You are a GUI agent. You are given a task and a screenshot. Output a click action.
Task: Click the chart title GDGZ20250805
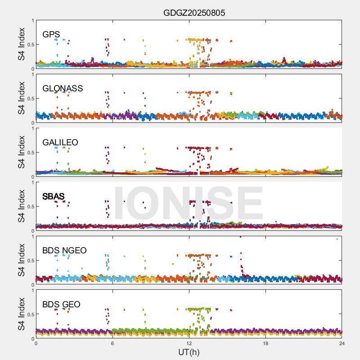(194, 13)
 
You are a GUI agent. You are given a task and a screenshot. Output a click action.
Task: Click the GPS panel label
(51, 34)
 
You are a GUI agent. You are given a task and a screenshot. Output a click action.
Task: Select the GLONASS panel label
(63, 88)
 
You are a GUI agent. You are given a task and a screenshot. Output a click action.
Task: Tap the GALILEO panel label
(60, 142)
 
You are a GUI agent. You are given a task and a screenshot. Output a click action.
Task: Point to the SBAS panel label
(54, 196)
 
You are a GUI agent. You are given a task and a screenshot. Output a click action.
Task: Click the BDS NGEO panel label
(64, 250)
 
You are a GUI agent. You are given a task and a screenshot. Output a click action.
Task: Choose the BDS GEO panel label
(61, 304)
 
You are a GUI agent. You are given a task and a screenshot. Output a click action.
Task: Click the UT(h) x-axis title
(189, 352)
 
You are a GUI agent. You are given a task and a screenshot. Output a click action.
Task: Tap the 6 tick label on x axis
(112, 343)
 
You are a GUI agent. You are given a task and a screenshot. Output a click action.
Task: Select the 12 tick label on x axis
(189, 343)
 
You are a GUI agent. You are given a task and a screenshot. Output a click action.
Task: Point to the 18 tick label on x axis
(265, 343)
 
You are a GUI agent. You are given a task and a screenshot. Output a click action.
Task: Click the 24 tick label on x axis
(342, 343)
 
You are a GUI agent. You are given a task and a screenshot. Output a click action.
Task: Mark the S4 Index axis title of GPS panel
(22, 44)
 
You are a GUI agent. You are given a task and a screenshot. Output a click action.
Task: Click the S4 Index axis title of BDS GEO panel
(22, 314)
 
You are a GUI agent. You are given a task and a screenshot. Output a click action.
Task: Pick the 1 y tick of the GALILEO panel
(32, 128)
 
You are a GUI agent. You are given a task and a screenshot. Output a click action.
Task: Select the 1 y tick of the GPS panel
(32, 20)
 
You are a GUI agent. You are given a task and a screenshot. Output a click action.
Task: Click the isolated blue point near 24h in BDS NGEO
(337, 239)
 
